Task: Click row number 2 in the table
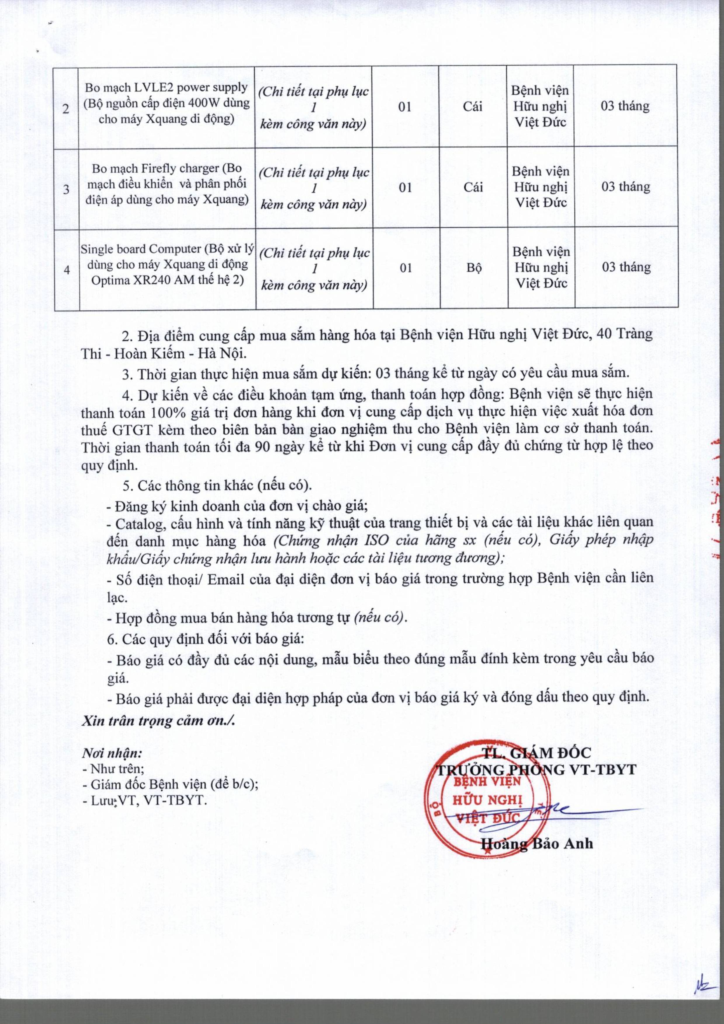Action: click(66, 108)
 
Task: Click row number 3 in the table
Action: click(66, 189)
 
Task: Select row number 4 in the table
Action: click(67, 270)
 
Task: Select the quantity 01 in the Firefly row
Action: click(405, 188)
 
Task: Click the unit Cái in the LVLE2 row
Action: click(473, 107)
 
